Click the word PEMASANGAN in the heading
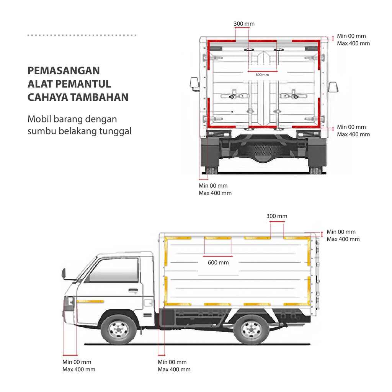tap(64, 71)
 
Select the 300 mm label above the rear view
tap(244, 24)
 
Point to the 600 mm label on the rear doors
tap(262, 75)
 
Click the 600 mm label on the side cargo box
tap(218, 263)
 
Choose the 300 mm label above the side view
tap(277, 216)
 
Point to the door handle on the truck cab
tap(133, 291)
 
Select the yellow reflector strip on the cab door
tap(90, 301)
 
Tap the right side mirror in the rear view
tap(333, 87)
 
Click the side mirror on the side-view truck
tap(64, 273)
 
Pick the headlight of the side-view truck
tap(69, 303)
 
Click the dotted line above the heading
tap(82, 35)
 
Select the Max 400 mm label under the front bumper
tap(79, 369)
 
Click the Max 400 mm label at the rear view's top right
tap(353, 43)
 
